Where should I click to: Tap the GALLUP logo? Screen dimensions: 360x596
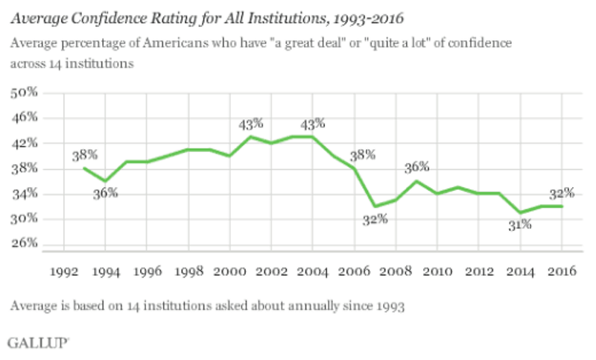pyautogui.click(x=38, y=342)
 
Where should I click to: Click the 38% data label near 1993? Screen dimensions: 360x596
pyautogui.click(x=83, y=156)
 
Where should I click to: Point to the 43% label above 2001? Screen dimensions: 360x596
pyautogui.click(x=250, y=124)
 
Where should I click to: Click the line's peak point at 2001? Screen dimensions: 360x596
pyautogui.click(x=250, y=136)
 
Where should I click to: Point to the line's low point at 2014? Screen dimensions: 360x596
pyautogui.click(x=519, y=212)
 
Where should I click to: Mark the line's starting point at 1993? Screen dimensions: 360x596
pyautogui.click(x=84, y=168)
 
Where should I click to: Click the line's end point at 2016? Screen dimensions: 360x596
pyautogui.click(x=561, y=206)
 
